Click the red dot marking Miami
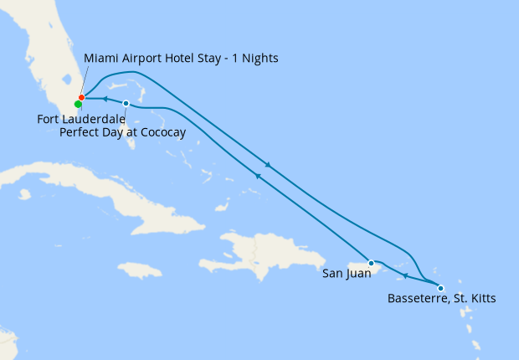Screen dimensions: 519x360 [81, 98]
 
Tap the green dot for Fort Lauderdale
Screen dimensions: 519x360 [78, 105]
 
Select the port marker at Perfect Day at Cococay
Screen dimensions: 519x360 [126, 104]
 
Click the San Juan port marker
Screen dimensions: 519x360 [371, 263]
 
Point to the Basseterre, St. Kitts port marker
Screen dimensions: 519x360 [441, 289]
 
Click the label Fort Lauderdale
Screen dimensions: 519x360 [80, 120]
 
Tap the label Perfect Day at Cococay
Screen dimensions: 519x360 [123, 132]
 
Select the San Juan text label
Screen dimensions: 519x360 [347, 273]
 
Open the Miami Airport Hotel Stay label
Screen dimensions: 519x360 [181, 59]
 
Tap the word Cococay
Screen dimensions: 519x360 [163, 132]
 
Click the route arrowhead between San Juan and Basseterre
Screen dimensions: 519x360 [405, 276]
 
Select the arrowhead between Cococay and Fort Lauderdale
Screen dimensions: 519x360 [104, 99]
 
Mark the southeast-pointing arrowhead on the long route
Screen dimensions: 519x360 [268, 164]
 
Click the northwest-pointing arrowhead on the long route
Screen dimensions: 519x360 [258, 176]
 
